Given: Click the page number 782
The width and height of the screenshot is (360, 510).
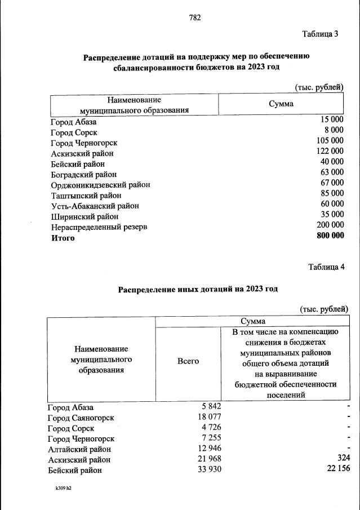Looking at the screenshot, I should (x=195, y=17).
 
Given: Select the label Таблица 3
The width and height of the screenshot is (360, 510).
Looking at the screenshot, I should (x=320, y=34).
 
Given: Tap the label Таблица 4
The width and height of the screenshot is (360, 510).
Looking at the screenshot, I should (x=326, y=267).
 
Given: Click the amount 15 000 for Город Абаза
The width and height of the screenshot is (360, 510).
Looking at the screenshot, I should (x=332, y=120).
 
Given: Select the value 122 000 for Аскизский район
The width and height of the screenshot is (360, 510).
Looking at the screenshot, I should (x=330, y=151).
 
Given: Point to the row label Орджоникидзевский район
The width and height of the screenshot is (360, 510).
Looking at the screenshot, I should (x=100, y=184).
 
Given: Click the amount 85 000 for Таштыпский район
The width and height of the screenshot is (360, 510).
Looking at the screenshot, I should (x=332, y=193).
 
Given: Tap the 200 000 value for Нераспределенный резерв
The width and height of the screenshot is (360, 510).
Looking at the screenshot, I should (x=330, y=224).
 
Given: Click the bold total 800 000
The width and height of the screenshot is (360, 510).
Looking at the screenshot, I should (x=330, y=236).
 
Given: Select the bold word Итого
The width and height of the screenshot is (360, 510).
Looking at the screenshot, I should (x=63, y=238).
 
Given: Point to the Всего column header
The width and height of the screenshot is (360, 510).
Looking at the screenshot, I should (x=188, y=361).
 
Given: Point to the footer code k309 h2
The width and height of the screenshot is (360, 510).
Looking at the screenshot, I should (x=60, y=489).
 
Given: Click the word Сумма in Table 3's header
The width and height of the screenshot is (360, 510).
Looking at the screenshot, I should (x=281, y=104).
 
